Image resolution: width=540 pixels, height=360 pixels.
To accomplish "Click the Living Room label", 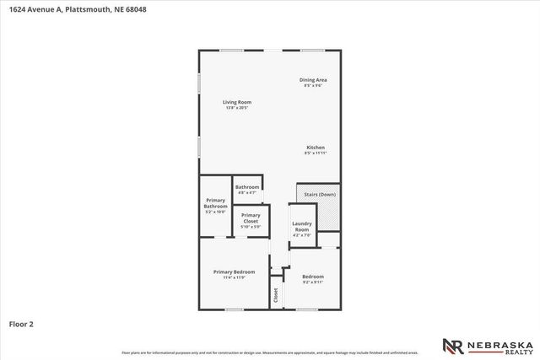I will (x=238, y=102).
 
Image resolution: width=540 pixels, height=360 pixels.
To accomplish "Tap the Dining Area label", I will (x=312, y=79).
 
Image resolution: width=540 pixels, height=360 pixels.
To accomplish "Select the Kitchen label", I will (x=315, y=147).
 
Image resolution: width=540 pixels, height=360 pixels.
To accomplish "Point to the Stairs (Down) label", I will (x=319, y=194).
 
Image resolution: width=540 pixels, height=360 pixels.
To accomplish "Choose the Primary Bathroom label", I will (x=216, y=203).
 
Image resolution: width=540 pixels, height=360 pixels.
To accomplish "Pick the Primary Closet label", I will (x=251, y=218).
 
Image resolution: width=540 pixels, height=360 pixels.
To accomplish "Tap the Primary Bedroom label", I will (x=234, y=271).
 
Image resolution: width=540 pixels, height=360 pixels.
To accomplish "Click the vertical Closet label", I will (x=275, y=295).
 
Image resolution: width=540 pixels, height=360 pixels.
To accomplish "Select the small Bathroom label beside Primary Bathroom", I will (x=247, y=187).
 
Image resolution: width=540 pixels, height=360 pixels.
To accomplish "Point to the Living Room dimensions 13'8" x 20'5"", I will (x=238, y=108).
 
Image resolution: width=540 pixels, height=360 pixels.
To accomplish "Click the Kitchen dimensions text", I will (x=315, y=153).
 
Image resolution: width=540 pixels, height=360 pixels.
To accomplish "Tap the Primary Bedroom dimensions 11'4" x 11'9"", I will (x=234, y=277).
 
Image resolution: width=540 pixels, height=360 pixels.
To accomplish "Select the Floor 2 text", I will (x=21, y=323).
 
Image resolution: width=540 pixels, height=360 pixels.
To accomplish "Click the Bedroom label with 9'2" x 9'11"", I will (x=313, y=277).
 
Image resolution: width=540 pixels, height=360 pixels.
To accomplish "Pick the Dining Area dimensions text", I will (x=312, y=85).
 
